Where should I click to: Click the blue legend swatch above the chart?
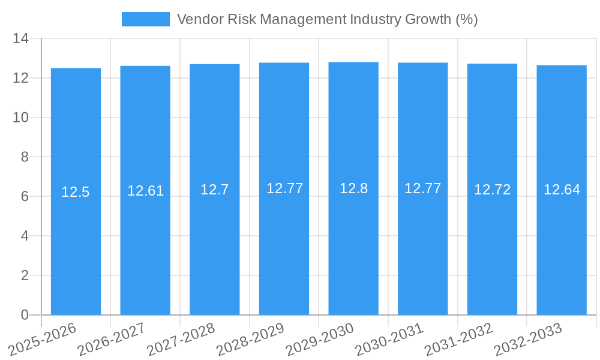pos(145,19)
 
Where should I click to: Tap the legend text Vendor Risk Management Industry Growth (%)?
pos(327,19)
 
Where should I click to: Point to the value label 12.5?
pos(76,192)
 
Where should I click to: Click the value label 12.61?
pos(145,191)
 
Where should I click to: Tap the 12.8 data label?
pos(353,188)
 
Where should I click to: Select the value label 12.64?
pos(562,190)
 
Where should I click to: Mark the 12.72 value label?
pos(492,190)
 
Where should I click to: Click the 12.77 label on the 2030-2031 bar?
pos(422,188)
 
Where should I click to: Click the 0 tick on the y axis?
pos(25,315)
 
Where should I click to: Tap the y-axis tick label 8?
pos(25,157)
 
